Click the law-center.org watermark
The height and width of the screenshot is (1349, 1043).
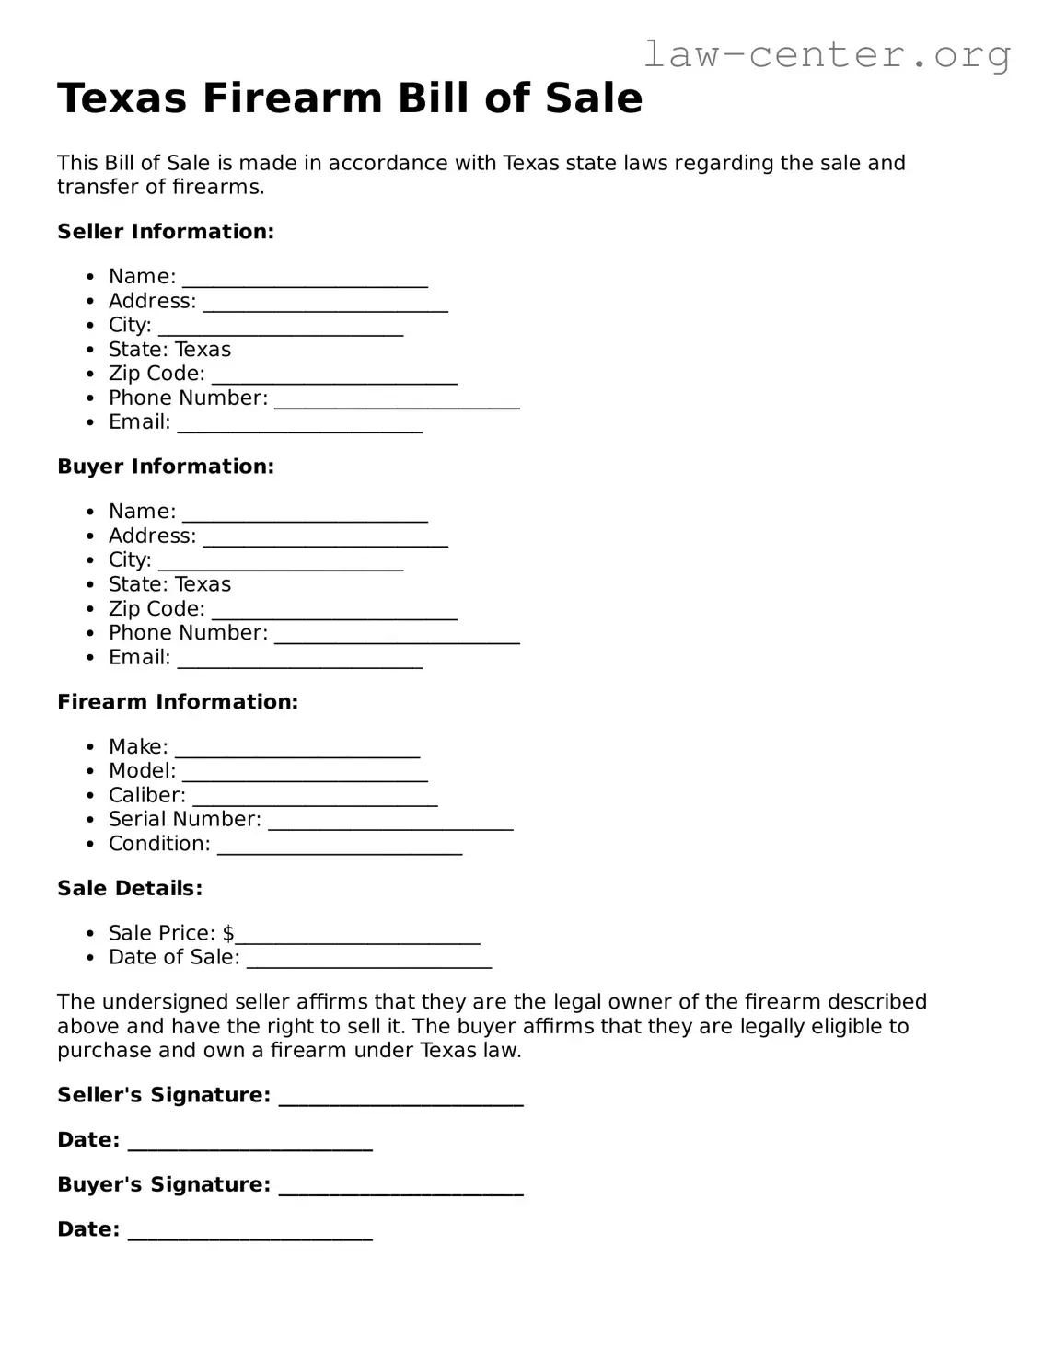point(826,54)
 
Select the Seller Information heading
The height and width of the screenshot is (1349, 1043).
point(166,232)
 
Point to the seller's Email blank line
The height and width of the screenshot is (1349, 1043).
point(300,425)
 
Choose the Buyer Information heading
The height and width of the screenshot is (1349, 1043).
point(166,467)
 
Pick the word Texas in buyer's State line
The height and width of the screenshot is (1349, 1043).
point(203,584)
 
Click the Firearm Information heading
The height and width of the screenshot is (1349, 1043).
point(178,702)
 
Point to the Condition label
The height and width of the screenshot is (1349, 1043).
point(159,844)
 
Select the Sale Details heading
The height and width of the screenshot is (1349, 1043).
point(130,889)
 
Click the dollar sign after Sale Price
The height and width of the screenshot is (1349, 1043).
point(228,933)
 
